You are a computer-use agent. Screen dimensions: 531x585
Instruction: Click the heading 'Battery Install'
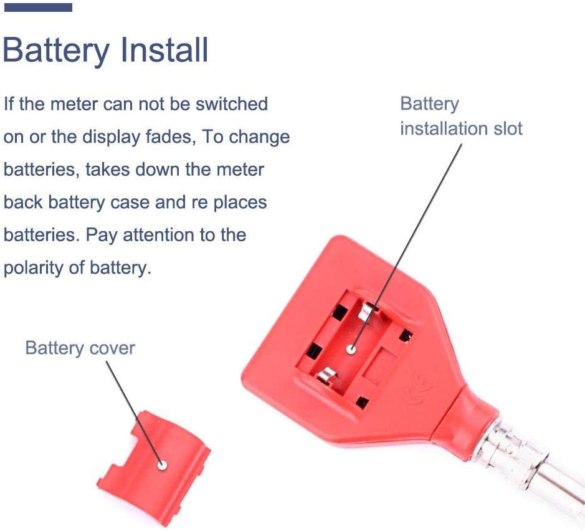tap(105, 50)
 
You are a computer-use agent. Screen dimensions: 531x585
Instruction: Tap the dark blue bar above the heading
tap(38, 7)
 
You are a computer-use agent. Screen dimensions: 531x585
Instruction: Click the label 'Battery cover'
tap(80, 347)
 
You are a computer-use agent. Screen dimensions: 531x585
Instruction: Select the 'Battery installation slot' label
tap(460, 116)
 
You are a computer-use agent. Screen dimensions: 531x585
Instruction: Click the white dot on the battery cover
tap(162, 464)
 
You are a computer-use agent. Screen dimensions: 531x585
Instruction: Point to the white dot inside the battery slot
tap(352, 350)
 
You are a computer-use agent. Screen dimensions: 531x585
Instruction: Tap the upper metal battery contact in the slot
tap(368, 310)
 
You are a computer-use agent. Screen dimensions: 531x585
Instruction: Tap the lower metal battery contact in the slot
tap(328, 376)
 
